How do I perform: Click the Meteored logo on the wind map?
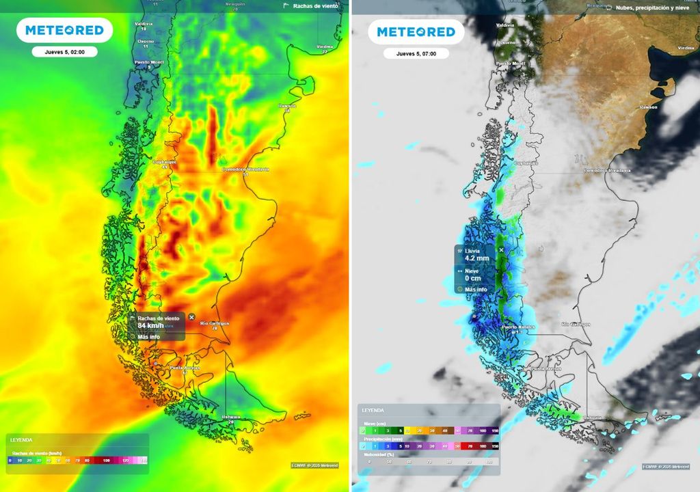64,30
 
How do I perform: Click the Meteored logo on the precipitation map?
416,31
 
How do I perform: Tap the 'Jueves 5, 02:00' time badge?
64,52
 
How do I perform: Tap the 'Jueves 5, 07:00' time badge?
416,53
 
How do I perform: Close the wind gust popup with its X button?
191,317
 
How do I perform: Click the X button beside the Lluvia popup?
501,250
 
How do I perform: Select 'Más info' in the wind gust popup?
148,336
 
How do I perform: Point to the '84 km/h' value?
150,326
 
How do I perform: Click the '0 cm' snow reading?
473,279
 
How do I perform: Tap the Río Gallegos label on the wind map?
215,324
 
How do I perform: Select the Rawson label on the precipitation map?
648,107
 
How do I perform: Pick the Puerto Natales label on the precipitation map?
518,327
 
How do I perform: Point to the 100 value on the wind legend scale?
106,461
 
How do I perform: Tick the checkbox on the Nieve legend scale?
363,430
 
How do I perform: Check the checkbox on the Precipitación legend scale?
363,446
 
